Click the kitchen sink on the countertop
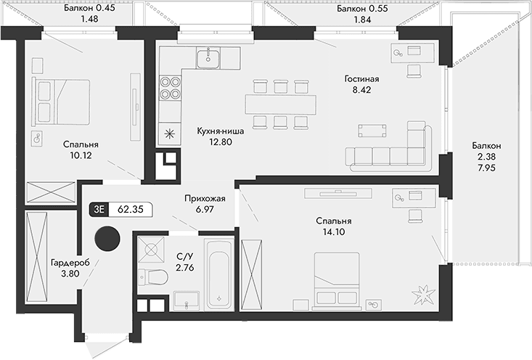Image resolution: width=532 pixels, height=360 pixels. click(x=210, y=55)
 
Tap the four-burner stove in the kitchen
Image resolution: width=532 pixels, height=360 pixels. click(x=170, y=87)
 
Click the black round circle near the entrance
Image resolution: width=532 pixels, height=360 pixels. click(x=110, y=238)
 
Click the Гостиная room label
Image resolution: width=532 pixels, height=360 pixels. click(x=363, y=79)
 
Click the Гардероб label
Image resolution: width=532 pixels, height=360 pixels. click(x=70, y=263)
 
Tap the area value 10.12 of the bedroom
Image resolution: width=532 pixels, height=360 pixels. click(x=81, y=155)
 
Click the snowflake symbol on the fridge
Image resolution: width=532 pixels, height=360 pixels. click(x=170, y=134)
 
